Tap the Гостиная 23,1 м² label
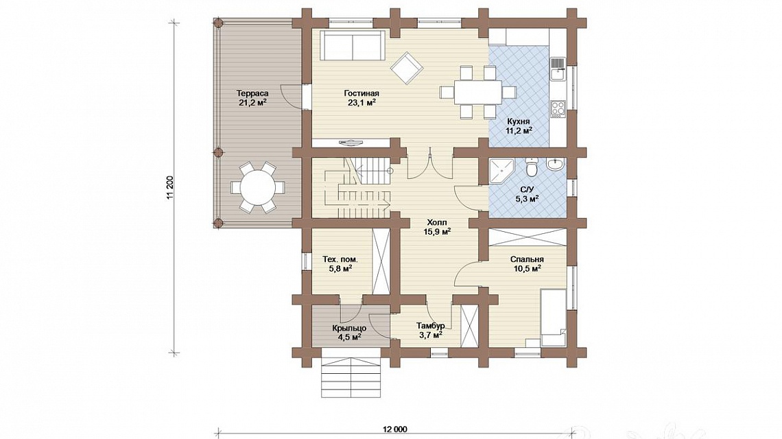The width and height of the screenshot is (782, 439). (x=362, y=98)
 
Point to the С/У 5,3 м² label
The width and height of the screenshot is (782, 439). (x=527, y=194)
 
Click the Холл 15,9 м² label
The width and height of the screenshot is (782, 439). (x=437, y=227)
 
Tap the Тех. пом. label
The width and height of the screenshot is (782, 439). (x=340, y=259)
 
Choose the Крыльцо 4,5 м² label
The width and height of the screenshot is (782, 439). (x=349, y=332)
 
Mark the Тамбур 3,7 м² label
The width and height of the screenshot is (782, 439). (x=430, y=330)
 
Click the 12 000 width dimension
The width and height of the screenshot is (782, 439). (x=395, y=429)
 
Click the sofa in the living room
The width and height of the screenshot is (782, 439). (x=353, y=45)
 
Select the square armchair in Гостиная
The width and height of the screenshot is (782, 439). (x=407, y=68)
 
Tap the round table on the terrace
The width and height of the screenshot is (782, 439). (x=257, y=188)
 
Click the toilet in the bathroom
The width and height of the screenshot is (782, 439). (x=532, y=167)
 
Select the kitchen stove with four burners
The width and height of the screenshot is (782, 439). (x=558, y=108)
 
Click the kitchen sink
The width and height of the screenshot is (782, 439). (x=558, y=69)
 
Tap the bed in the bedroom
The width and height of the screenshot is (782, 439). (x=554, y=318)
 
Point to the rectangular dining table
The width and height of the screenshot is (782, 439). (x=477, y=93)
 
